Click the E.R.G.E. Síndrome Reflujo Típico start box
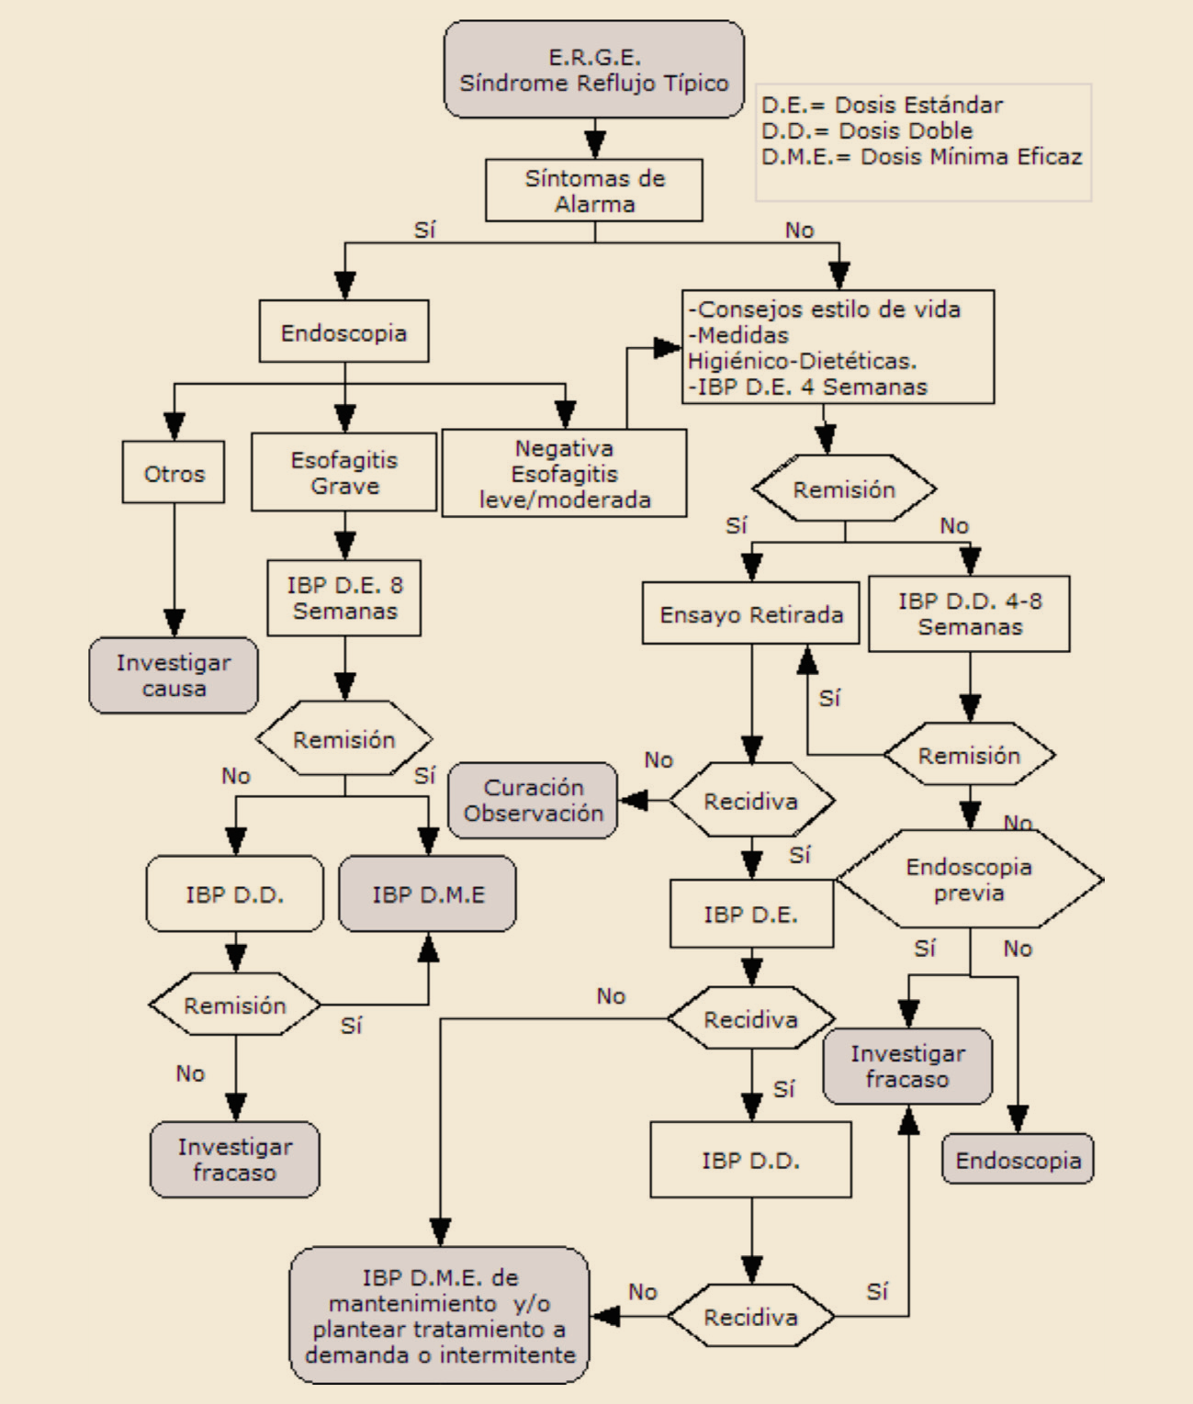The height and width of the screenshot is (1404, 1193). coord(593,70)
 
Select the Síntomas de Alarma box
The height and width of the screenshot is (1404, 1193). coord(594,190)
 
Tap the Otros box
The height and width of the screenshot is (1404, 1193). coord(174,473)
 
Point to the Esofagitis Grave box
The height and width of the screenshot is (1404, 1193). coord(344,472)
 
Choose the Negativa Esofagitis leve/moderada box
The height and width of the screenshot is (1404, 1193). coord(564,474)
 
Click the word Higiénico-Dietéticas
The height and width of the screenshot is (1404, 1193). coord(802,361)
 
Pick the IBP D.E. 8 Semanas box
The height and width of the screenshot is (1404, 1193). coord(344,598)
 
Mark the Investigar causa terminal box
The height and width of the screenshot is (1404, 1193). coord(174,675)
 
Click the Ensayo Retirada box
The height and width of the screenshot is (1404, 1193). coord(751,613)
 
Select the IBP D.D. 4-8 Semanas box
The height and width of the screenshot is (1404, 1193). coord(969,613)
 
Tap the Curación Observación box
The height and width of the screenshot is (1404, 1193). coord(533,800)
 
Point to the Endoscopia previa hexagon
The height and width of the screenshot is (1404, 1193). coord(969,880)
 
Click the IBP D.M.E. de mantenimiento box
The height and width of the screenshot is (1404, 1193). coord(440,1315)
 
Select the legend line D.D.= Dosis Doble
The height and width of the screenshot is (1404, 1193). coord(866,130)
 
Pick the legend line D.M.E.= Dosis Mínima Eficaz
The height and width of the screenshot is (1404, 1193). coord(921,156)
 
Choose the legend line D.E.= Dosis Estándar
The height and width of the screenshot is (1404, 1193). coord(882,105)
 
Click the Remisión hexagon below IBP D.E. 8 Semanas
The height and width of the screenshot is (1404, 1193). coord(344,739)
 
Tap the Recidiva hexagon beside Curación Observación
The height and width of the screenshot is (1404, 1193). coord(751,801)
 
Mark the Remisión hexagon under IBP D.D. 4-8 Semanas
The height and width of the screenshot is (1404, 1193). coord(969,755)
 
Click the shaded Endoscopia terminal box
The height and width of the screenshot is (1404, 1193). coord(1018,1160)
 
